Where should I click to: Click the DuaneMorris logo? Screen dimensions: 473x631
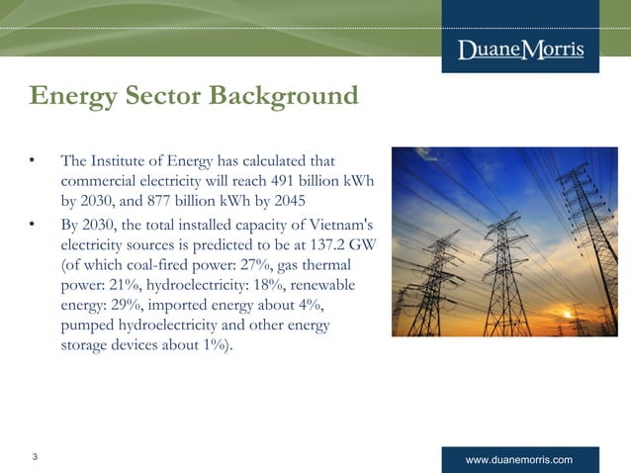click(x=521, y=50)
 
